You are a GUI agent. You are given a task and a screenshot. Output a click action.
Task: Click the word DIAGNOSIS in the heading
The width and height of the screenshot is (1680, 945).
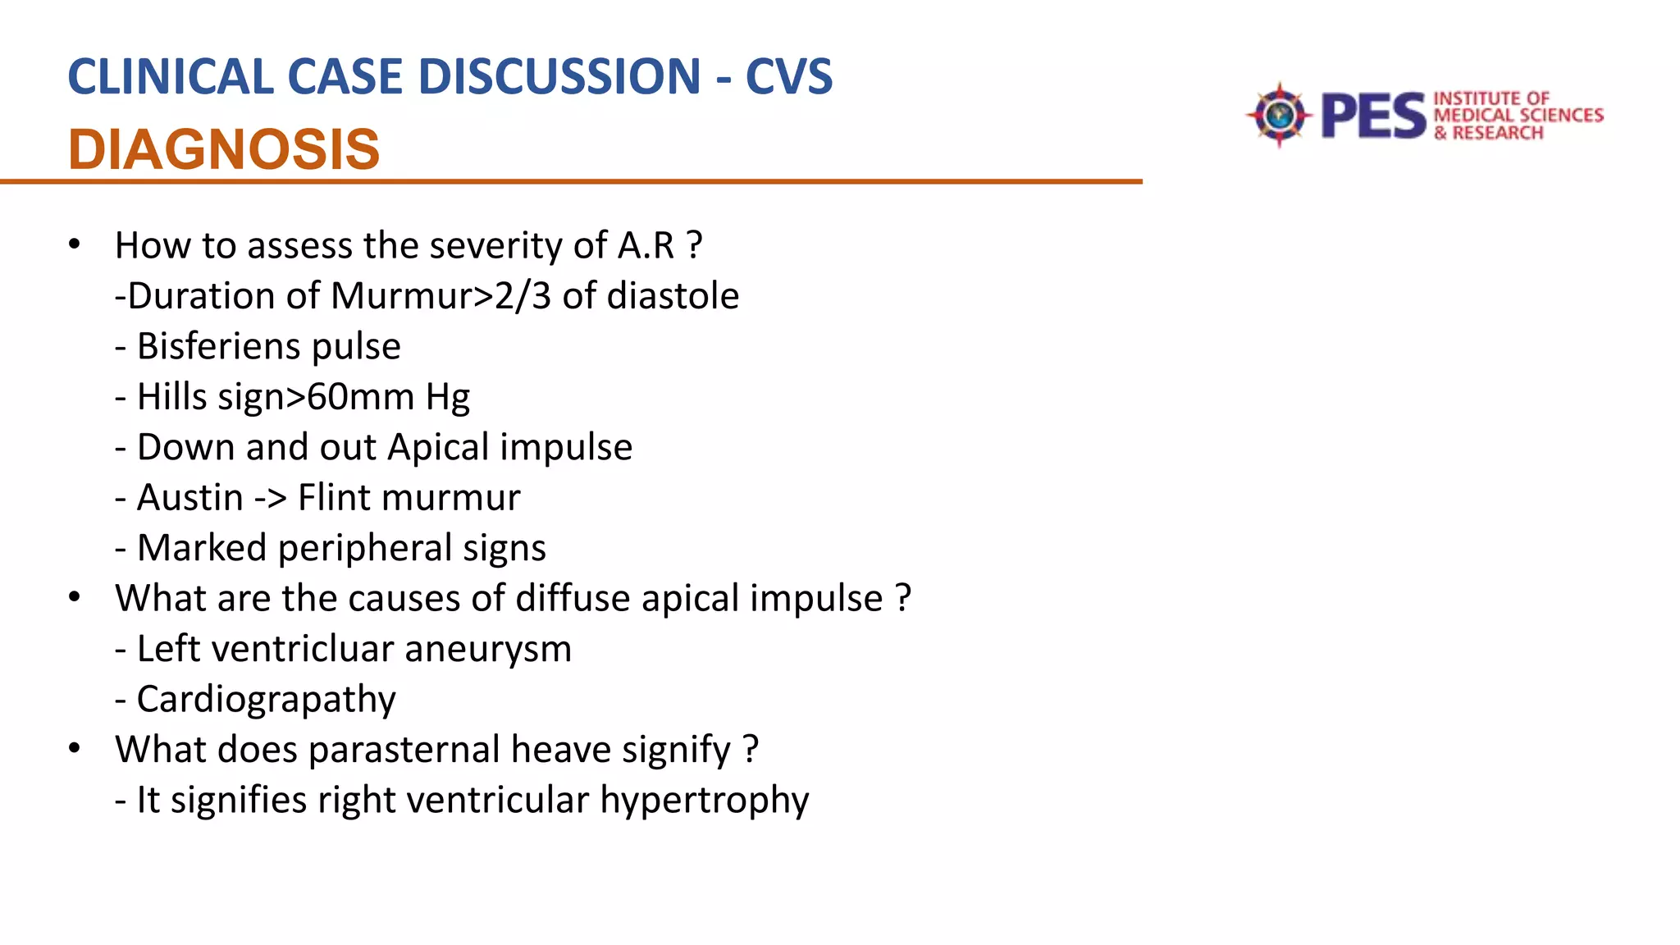point(224,150)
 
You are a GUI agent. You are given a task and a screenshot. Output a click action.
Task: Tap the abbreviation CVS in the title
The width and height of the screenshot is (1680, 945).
point(788,77)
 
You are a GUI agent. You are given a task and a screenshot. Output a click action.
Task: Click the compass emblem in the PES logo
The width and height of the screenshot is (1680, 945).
point(1278,115)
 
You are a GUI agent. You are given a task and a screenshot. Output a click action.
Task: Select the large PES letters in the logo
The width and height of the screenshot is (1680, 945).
point(1373,116)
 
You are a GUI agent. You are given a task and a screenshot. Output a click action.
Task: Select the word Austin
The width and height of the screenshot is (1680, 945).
point(190,498)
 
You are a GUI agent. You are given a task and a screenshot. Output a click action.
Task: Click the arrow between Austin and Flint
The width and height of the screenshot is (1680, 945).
point(270,499)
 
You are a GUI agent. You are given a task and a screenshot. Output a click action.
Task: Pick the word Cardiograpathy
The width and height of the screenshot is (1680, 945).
point(266,700)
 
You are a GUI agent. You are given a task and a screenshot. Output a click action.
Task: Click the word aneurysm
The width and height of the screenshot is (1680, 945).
point(488,649)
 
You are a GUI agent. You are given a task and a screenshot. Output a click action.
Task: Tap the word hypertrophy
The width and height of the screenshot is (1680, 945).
point(704,801)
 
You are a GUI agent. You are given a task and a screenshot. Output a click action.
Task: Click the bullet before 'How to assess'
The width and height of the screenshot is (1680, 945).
point(75,244)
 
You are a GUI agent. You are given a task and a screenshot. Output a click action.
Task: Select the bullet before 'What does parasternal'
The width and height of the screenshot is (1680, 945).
point(75,749)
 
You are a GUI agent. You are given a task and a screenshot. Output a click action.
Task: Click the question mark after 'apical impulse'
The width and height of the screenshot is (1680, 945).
point(903,599)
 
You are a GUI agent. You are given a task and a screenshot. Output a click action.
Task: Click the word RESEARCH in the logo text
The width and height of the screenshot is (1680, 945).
point(1497,133)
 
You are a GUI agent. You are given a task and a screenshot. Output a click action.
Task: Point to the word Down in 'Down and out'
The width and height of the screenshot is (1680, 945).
point(185,448)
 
